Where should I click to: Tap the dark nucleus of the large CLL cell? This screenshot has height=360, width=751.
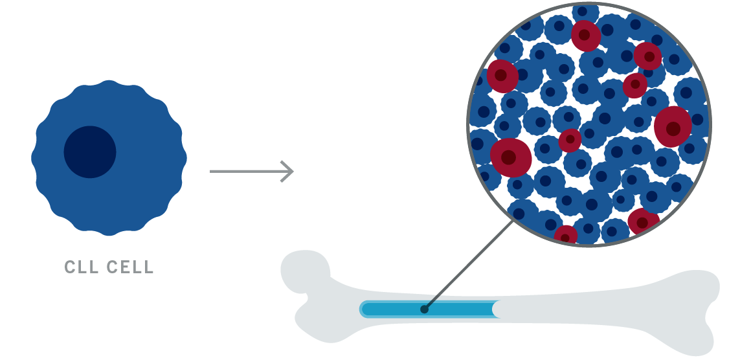[x=90, y=152]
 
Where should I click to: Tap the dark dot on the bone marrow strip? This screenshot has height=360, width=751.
[x=424, y=309]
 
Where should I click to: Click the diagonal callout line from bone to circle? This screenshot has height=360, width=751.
[x=469, y=265]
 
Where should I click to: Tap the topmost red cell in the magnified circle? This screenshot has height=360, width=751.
[x=585, y=36]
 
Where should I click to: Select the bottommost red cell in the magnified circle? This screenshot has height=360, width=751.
[x=566, y=234]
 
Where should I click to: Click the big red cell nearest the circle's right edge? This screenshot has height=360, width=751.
[x=673, y=127]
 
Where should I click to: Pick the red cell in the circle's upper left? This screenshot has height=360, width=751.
[x=502, y=76]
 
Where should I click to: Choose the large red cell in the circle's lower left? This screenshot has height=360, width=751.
[x=511, y=157]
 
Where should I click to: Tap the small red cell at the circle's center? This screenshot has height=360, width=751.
[x=570, y=141]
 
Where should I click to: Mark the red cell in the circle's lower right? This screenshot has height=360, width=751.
[x=644, y=221]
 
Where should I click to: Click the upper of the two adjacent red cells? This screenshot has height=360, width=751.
[x=647, y=56]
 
